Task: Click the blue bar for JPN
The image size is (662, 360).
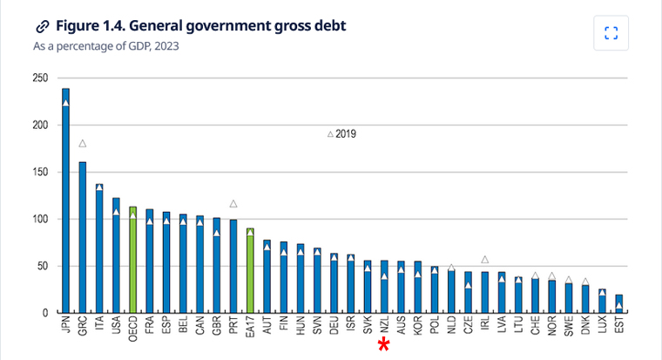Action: [65, 200]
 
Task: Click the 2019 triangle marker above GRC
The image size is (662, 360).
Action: [83, 144]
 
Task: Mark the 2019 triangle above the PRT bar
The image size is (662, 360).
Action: [233, 204]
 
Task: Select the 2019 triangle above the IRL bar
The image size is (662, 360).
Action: [485, 259]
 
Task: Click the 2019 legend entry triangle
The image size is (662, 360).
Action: [330, 134]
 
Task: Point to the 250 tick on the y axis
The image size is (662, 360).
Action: [39, 78]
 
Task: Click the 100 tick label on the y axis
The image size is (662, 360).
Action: [39, 219]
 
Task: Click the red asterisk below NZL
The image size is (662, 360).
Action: [383, 346]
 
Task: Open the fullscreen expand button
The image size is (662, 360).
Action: [611, 33]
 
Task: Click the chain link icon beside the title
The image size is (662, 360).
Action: [42, 26]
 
